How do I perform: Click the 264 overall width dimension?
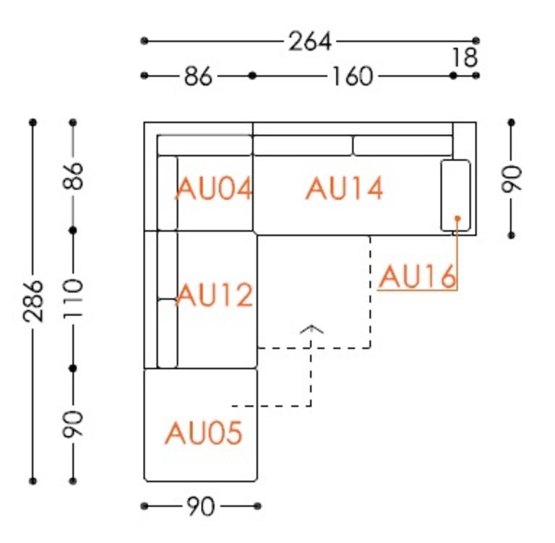pyautogui.click(x=310, y=41)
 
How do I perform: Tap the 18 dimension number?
pyautogui.click(x=465, y=57)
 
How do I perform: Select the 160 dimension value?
pyautogui.click(x=353, y=76)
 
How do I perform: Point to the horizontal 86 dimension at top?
pyautogui.click(x=198, y=76)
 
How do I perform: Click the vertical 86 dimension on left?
pyautogui.click(x=73, y=175)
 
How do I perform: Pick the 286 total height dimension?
pyautogui.click(x=33, y=301)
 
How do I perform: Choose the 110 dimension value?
pyautogui.click(x=73, y=299)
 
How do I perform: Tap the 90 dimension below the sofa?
pyautogui.click(x=200, y=506)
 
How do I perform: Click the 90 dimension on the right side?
pyautogui.click(x=512, y=178)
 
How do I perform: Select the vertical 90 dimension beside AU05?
pyautogui.click(x=73, y=424)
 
